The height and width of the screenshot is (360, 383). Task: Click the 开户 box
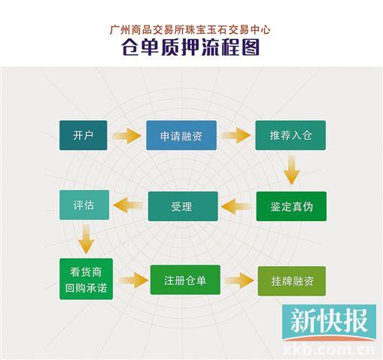(x=83, y=135)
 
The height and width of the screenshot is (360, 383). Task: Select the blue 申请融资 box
(x=181, y=135)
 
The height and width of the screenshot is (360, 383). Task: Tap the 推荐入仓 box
(x=290, y=135)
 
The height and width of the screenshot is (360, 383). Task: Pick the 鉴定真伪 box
(x=291, y=206)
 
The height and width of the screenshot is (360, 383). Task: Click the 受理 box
(x=183, y=206)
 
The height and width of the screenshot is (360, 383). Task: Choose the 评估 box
(x=84, y=205)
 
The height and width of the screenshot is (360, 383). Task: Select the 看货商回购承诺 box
(x=86, y=279)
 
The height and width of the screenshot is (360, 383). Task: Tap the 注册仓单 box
(x=185, y=280)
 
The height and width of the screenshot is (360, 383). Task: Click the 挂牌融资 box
(x=292, y=281)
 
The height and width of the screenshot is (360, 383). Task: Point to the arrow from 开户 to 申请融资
(x=126, y=136)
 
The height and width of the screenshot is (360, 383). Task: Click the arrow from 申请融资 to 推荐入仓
(x=236, y=135)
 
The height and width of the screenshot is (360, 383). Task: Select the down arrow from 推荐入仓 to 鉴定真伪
(x=291, y=170)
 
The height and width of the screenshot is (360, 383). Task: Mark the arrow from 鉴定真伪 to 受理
(x=236, y=207)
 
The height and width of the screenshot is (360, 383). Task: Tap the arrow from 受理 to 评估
(x=128, y=205)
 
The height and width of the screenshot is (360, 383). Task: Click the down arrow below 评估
(x=86, y=239)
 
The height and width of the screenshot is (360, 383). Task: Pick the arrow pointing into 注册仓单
(x=134, y=280)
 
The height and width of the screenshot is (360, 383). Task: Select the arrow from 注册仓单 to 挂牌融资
(x=239, y=280)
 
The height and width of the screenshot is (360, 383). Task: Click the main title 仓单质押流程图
(x=190, y=47)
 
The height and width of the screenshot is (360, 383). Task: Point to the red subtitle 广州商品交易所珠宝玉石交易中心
(x=190, y=29)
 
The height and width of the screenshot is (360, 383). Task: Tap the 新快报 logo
(x=329, y=322)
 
